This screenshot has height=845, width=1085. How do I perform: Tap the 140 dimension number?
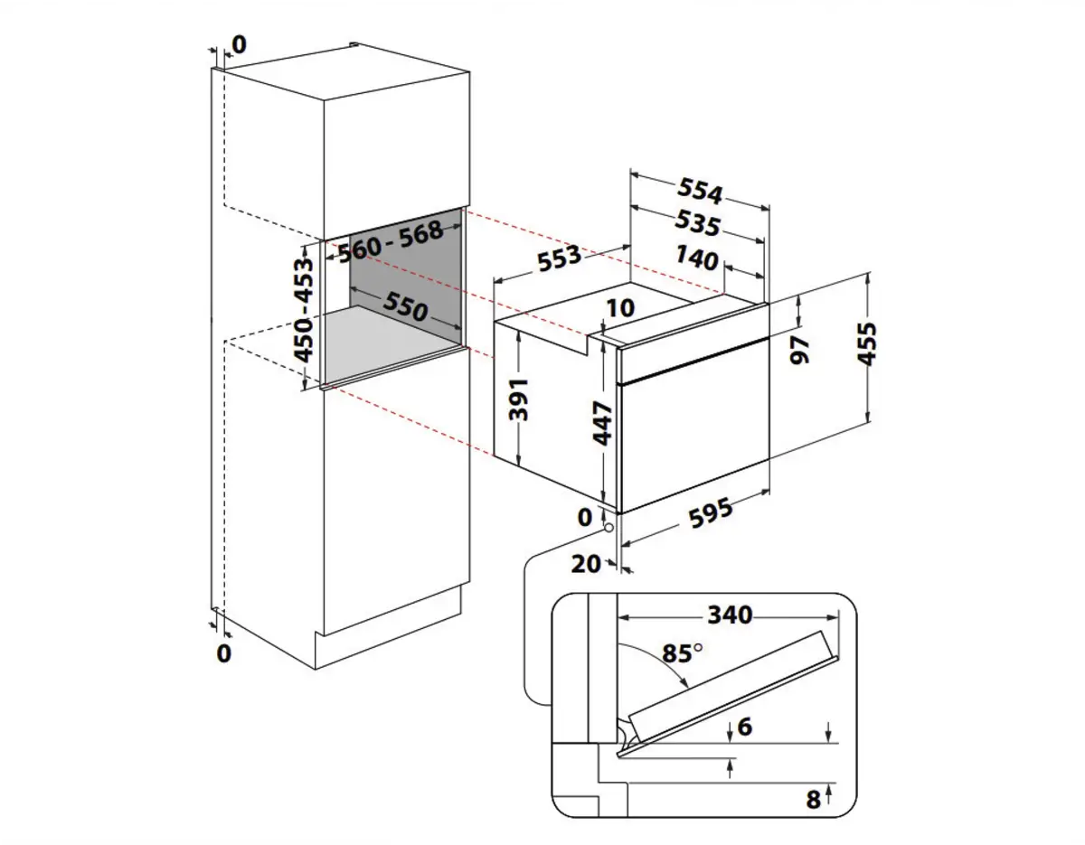[x=696, y=260]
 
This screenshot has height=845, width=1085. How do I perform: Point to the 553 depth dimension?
[x=559, y=259]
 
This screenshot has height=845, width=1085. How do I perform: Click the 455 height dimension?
[x=868, y=345]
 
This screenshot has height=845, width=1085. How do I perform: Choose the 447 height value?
[x=604, y=423]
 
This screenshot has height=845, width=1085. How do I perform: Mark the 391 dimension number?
[x=518, y=400]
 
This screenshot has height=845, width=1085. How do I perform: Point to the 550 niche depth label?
[x=403, y=308]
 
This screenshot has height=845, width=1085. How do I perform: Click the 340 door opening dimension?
[x=729, y=615]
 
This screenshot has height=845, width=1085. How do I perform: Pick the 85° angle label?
[x=684, y=653]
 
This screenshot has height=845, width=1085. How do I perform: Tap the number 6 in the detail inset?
[x=745, y=727]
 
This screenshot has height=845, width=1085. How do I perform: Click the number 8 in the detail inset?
[x=812, y=798]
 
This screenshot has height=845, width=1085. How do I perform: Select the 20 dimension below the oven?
[x=587, y=564]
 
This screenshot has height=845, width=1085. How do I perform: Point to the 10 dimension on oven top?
[x=620, y=308]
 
